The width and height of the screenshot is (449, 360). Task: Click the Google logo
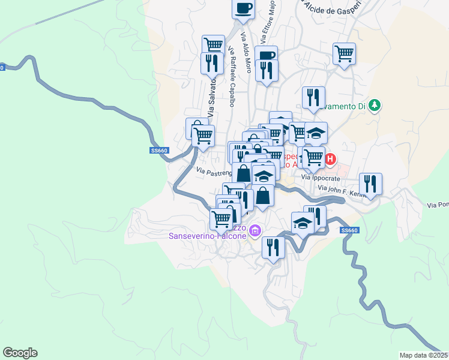(x=20, y=353)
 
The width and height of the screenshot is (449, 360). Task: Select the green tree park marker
(x=375, y=106)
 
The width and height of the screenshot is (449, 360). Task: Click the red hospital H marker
(x=330, y=160)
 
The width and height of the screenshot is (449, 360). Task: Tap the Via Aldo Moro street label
(x=246, y=53)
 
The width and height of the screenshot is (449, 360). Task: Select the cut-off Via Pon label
(x=438, y=205)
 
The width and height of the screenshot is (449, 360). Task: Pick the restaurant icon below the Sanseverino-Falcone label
(x=273, y=247)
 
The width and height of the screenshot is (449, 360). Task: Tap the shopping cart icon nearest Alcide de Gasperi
(x=344, y=53)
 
